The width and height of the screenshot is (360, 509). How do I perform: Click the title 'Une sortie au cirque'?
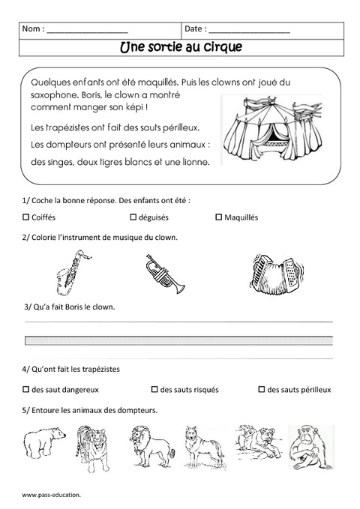coord(179,46)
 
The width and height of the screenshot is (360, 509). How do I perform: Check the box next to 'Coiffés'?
coord(25,217)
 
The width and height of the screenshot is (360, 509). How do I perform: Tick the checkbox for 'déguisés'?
coord(133,217)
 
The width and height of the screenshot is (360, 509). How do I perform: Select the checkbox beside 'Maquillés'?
coord(218,217)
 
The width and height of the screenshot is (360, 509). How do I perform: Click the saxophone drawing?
coord(68,274)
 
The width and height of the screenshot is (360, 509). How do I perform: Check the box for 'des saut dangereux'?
coord(25,390)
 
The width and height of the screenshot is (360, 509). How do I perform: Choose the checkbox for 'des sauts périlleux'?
coord(261,390)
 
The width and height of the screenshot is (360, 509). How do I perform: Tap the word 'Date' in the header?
coord(193,29)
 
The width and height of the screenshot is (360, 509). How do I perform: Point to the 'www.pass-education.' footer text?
coord(51,496)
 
